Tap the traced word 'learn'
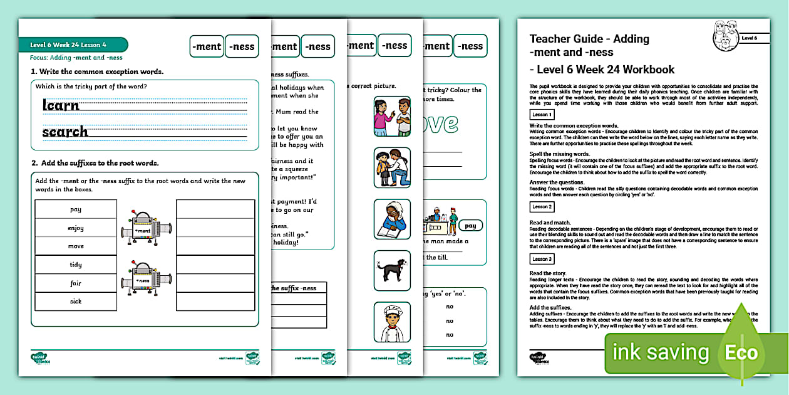coord(61,105)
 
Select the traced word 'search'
coord(65,132)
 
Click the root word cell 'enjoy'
coord(76,228)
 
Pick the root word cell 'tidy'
coord(76,265)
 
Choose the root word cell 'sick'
coord(76,301)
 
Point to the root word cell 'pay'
coord(76,209)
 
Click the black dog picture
coord(392,270)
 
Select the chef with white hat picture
coord(392,322)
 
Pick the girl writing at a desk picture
coord(392,219)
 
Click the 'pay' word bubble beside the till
coord(470,226)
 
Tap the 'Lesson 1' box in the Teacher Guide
coord(542,115)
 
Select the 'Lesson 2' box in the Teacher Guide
coord(542,206)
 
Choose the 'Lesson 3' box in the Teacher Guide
coord(542,259)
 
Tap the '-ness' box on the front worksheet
coord(242,46)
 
